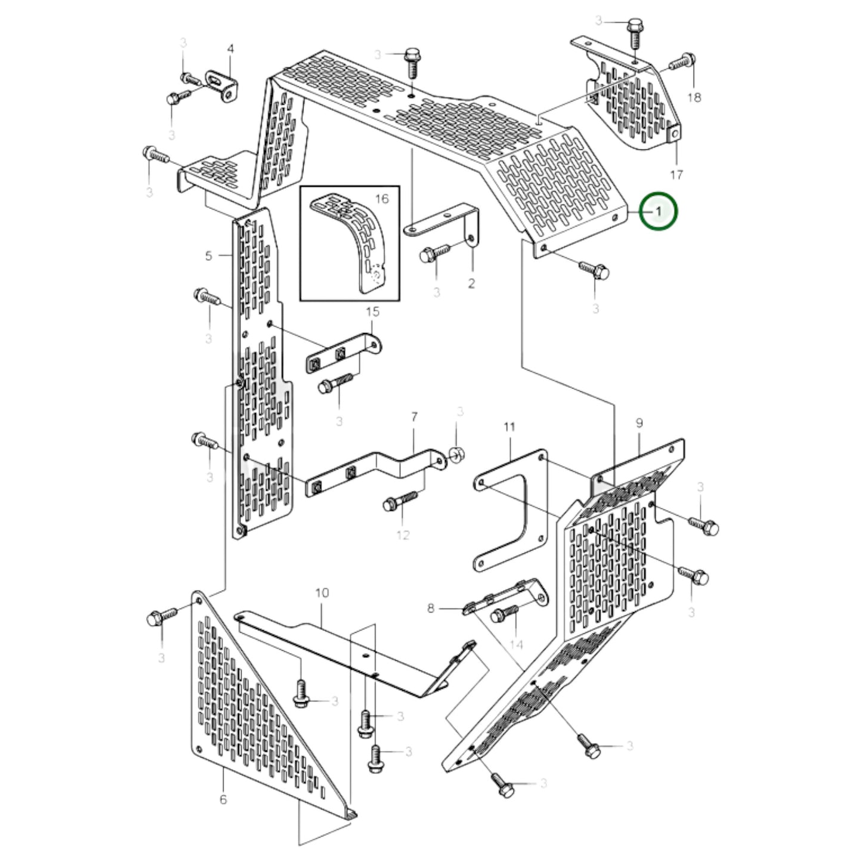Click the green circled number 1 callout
coord(658,211)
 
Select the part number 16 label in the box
coord(382,199)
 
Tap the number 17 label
coord(676,175)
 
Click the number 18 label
coord(694,97)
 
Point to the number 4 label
coord(231,48)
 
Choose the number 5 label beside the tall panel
coord(208,256)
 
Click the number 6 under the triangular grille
coord(223,799)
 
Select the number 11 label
coord(509,427)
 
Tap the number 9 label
coord(639,423)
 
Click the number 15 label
coord(372,311)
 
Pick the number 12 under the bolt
coord(403,534)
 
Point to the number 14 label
coord(516,644)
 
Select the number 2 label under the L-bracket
coord(471,283)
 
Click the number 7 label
coord(415,417)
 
